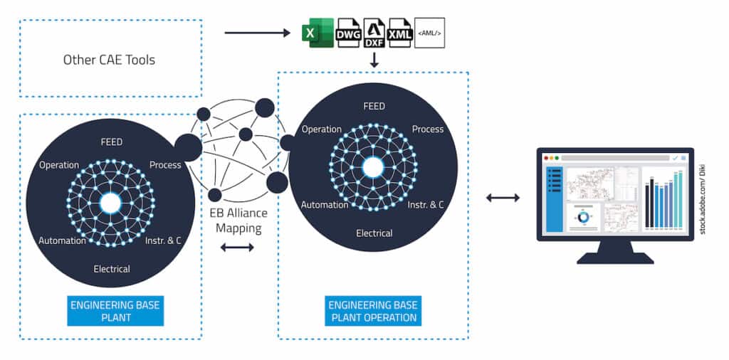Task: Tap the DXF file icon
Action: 374,33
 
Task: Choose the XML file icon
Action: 399,33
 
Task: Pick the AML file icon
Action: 429,33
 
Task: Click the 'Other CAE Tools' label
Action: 109,59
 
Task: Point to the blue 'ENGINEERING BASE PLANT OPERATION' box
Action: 373,311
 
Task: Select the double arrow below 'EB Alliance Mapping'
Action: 236,248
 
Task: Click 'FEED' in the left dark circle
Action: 112,142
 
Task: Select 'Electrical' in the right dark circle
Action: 374,233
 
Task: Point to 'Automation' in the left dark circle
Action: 63,240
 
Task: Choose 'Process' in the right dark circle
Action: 428,129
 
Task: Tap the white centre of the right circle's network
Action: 373,167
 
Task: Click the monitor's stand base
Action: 614,258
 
